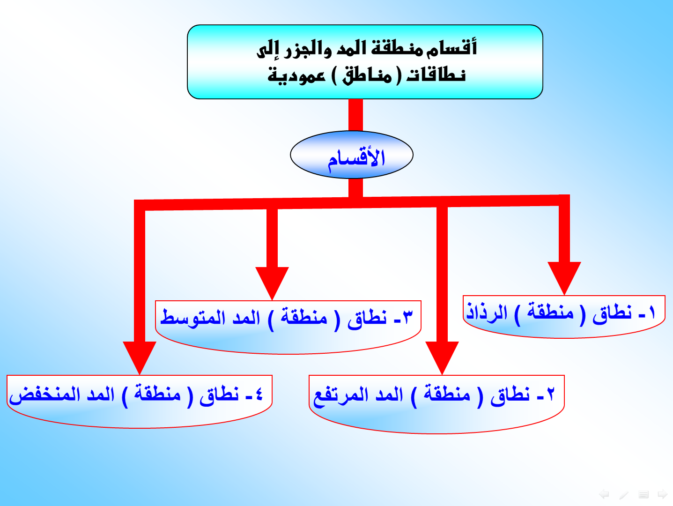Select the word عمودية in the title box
point(296,75)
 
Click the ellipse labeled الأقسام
point(352,155)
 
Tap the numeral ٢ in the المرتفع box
point(550,394)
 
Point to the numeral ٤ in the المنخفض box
point(259,394)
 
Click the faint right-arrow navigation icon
point(662,494)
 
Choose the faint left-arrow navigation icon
point(604,494)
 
